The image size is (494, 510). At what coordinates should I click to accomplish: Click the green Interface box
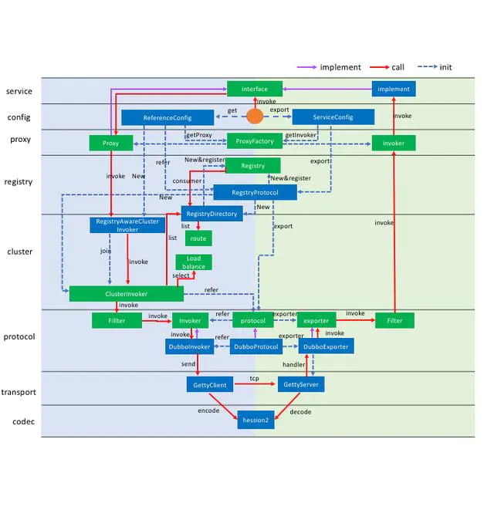(255, 89)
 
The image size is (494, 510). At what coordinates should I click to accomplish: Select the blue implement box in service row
(394, 89)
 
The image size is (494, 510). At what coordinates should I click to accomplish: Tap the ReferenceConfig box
(167, 117)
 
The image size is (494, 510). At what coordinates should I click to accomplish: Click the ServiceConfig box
(333, 117)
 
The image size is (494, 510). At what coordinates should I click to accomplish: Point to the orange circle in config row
(255, 117)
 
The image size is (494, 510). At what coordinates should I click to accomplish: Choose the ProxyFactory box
(255, 141)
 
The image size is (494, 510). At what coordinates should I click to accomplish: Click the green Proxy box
(111, 143)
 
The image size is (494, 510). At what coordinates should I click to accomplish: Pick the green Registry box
(252, 165)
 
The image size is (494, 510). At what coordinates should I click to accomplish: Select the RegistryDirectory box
(212, 214)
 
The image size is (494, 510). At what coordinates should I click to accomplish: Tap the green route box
(198, 239)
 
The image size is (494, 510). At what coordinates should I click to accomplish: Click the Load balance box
(194, 262)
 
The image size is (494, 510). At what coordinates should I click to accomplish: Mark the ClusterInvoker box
(127, 294)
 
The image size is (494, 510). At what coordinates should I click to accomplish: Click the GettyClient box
(210, 384)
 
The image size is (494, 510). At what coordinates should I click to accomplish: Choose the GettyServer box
(301, 384)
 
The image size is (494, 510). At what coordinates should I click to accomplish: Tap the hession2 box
(255, 420)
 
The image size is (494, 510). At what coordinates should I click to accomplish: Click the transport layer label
(19, 392)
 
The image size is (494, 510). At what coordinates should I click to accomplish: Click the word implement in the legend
(340, 67)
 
